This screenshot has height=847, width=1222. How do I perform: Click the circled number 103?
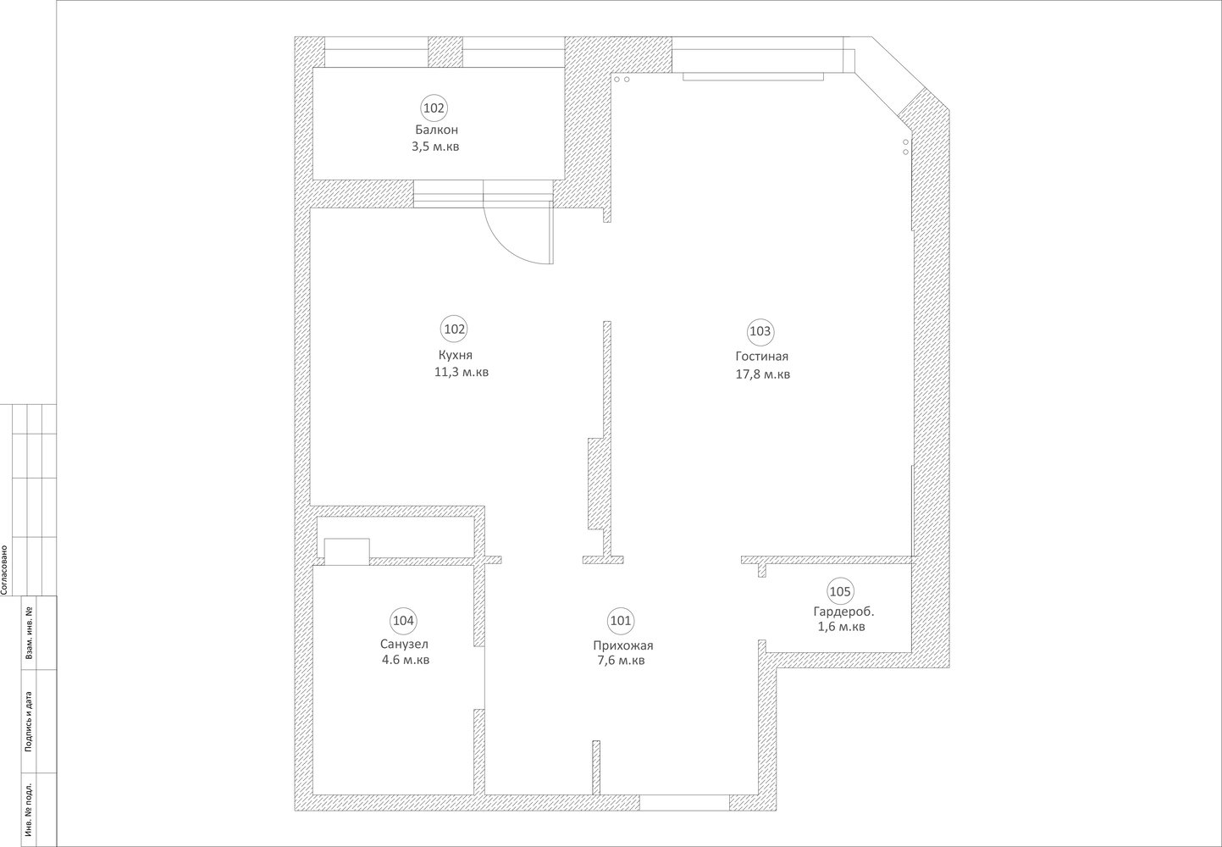[x=760, y=331]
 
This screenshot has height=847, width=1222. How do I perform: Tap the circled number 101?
[x=621, y=621]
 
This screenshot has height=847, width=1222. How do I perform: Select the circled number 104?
[x=404, y=621]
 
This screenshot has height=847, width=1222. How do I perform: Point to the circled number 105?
[x=840, y=591]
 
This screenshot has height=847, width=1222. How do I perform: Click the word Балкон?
[x=436, y=130]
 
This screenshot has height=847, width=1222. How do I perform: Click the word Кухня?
[x=456, y=355]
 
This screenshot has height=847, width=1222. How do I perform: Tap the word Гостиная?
[x=762, y=357]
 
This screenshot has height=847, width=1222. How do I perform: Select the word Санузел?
[x=404, y=644]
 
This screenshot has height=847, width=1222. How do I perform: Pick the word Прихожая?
[x=623, y=645]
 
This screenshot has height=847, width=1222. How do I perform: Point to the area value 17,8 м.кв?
[x=763, y=374]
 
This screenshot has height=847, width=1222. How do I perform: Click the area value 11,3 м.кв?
[x=462, y=372]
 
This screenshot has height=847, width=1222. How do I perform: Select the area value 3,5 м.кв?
[x=435, y=147]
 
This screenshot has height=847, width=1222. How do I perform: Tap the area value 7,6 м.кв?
[x=622, y=661]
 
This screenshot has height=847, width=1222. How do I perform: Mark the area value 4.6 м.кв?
[x=406, y=660]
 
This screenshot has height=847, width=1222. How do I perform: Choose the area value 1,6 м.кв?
[x=841, y=627]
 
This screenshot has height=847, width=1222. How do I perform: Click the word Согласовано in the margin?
[x=4, y=570]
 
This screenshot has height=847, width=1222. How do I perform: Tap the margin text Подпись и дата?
[x=28, y=722]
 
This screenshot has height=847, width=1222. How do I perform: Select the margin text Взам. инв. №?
[x=28, y=633]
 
